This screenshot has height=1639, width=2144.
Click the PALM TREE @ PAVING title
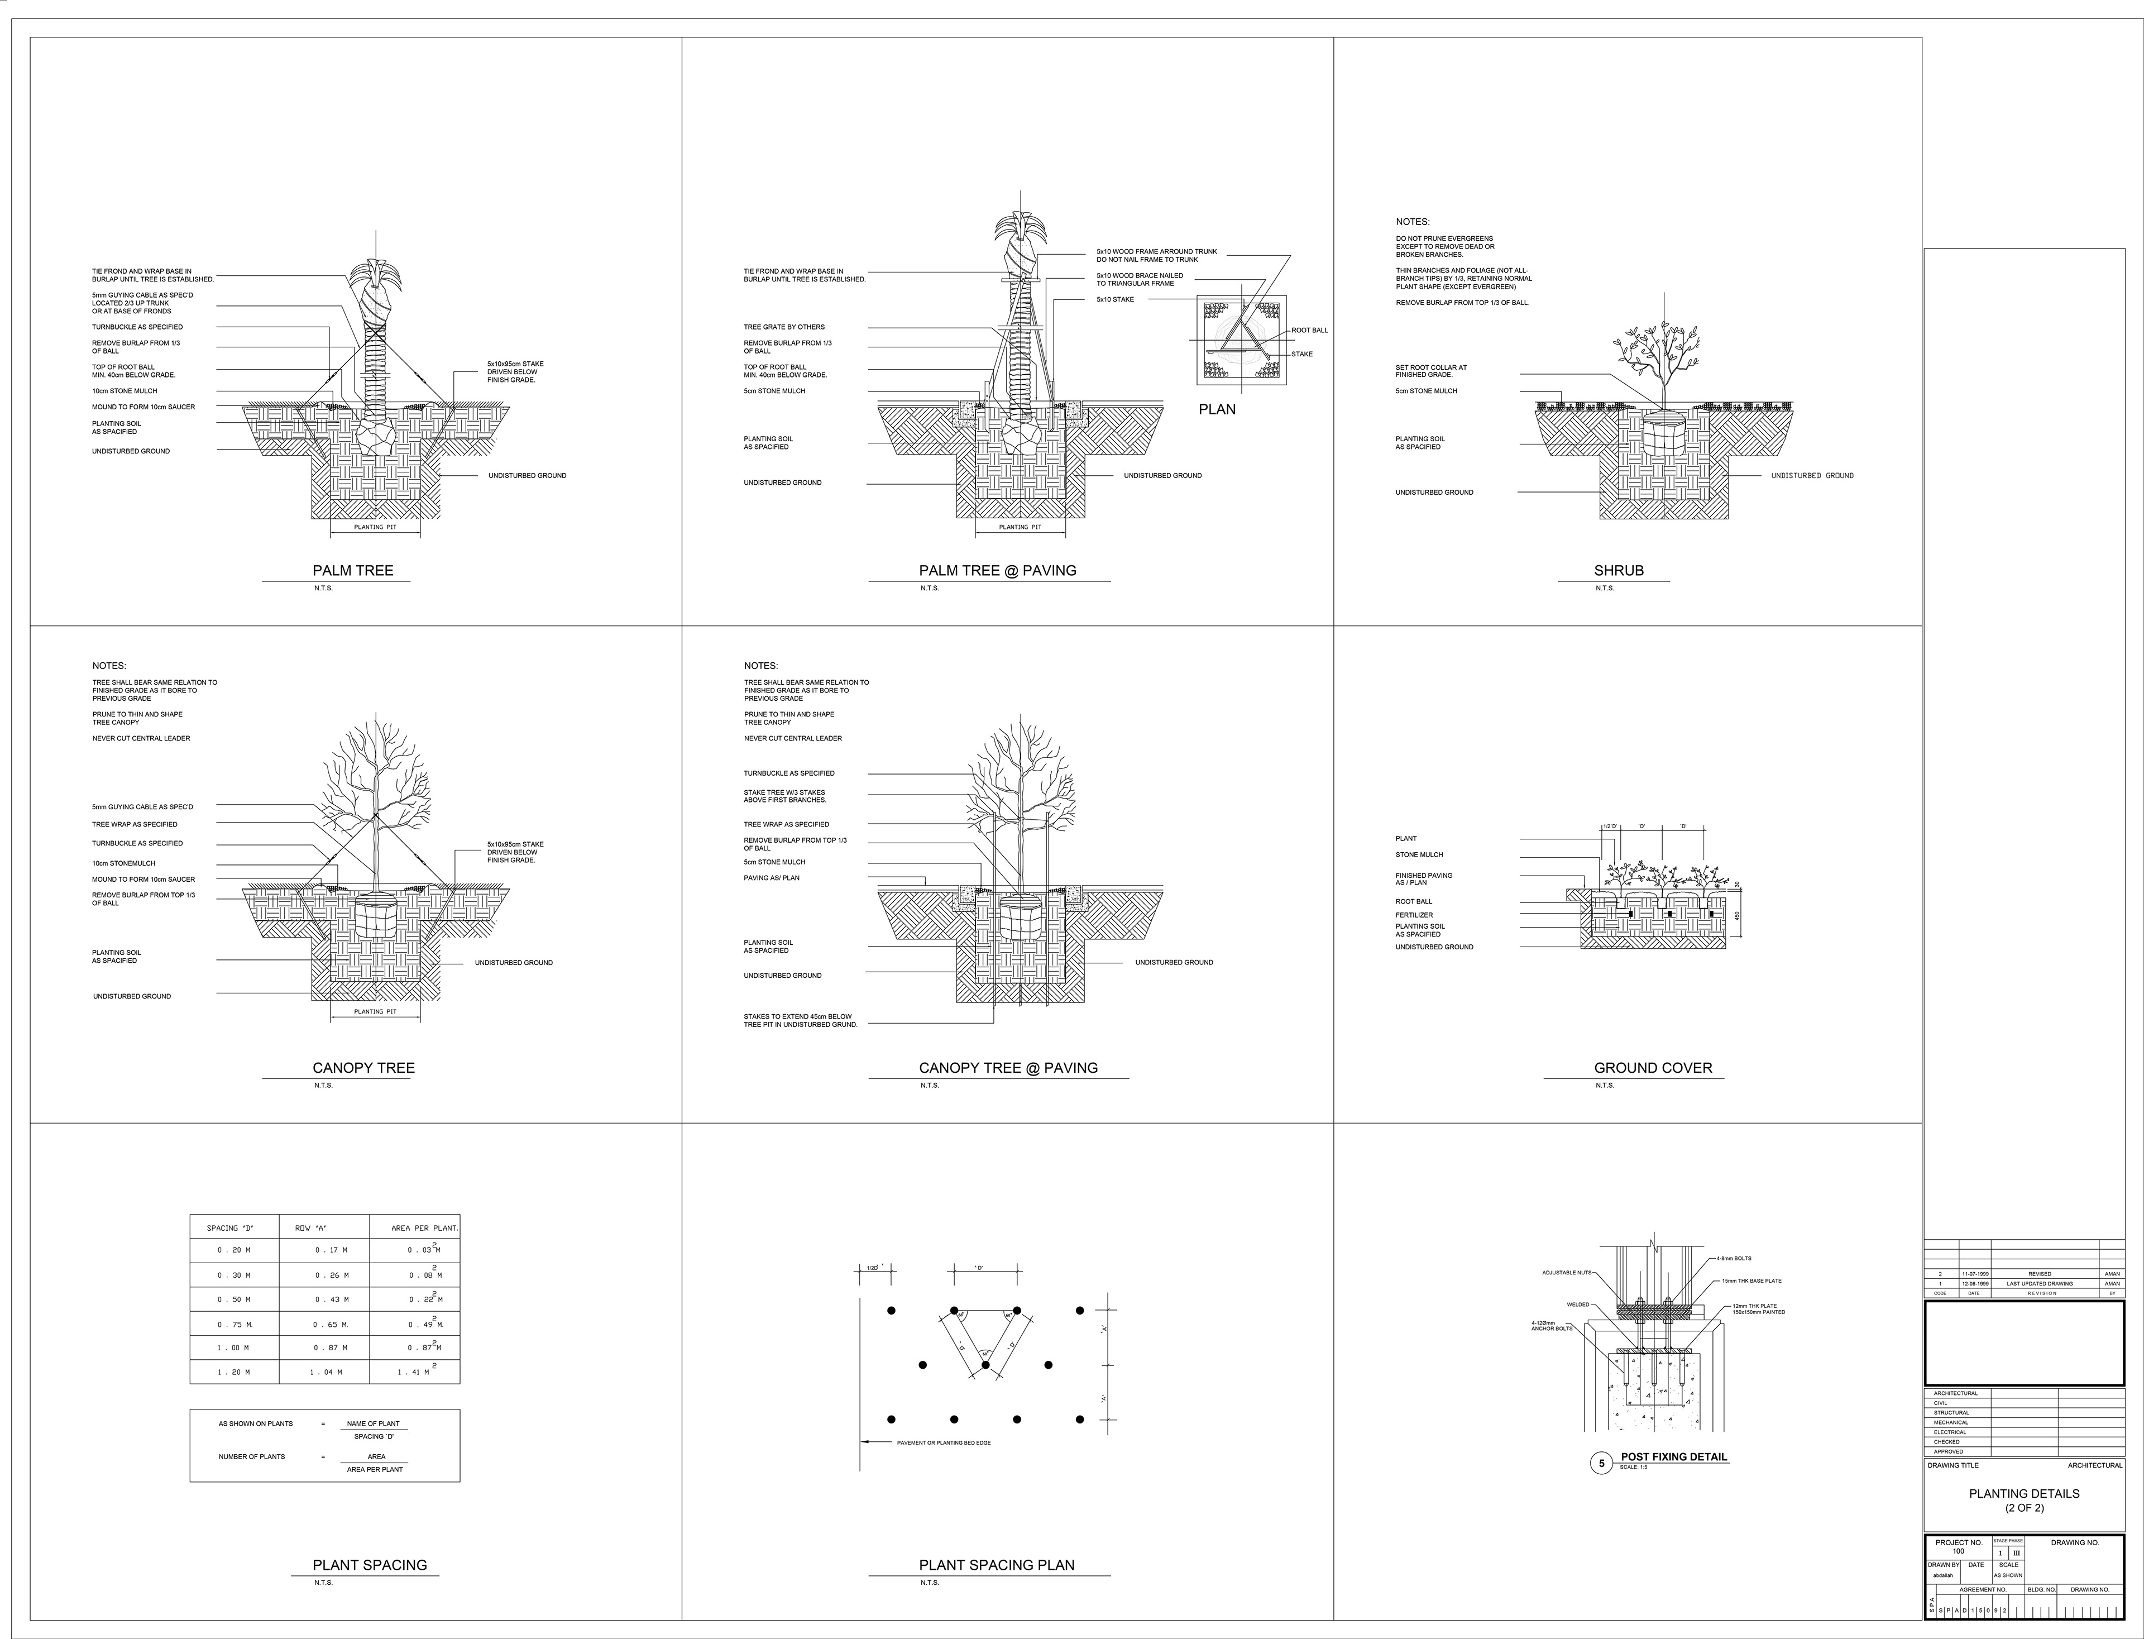tap(997, 571)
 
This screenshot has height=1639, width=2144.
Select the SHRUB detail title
tap(1618, 571)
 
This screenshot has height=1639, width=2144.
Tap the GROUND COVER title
tap(1652, 1068)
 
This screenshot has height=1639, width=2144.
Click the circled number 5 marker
tap(1601, 1464)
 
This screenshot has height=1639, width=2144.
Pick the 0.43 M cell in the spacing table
tap(331, 1299)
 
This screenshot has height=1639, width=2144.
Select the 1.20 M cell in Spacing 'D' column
tap(234, 1372)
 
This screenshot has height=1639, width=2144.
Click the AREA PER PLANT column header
tap(424, 1229)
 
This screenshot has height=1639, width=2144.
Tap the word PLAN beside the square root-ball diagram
tap(1217, 410)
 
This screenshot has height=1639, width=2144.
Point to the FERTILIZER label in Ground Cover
tap(1413, 915)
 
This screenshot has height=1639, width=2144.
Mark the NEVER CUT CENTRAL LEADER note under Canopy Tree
tap(141, 738)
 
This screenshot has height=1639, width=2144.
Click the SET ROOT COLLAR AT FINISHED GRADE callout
tap(1430, 371)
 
